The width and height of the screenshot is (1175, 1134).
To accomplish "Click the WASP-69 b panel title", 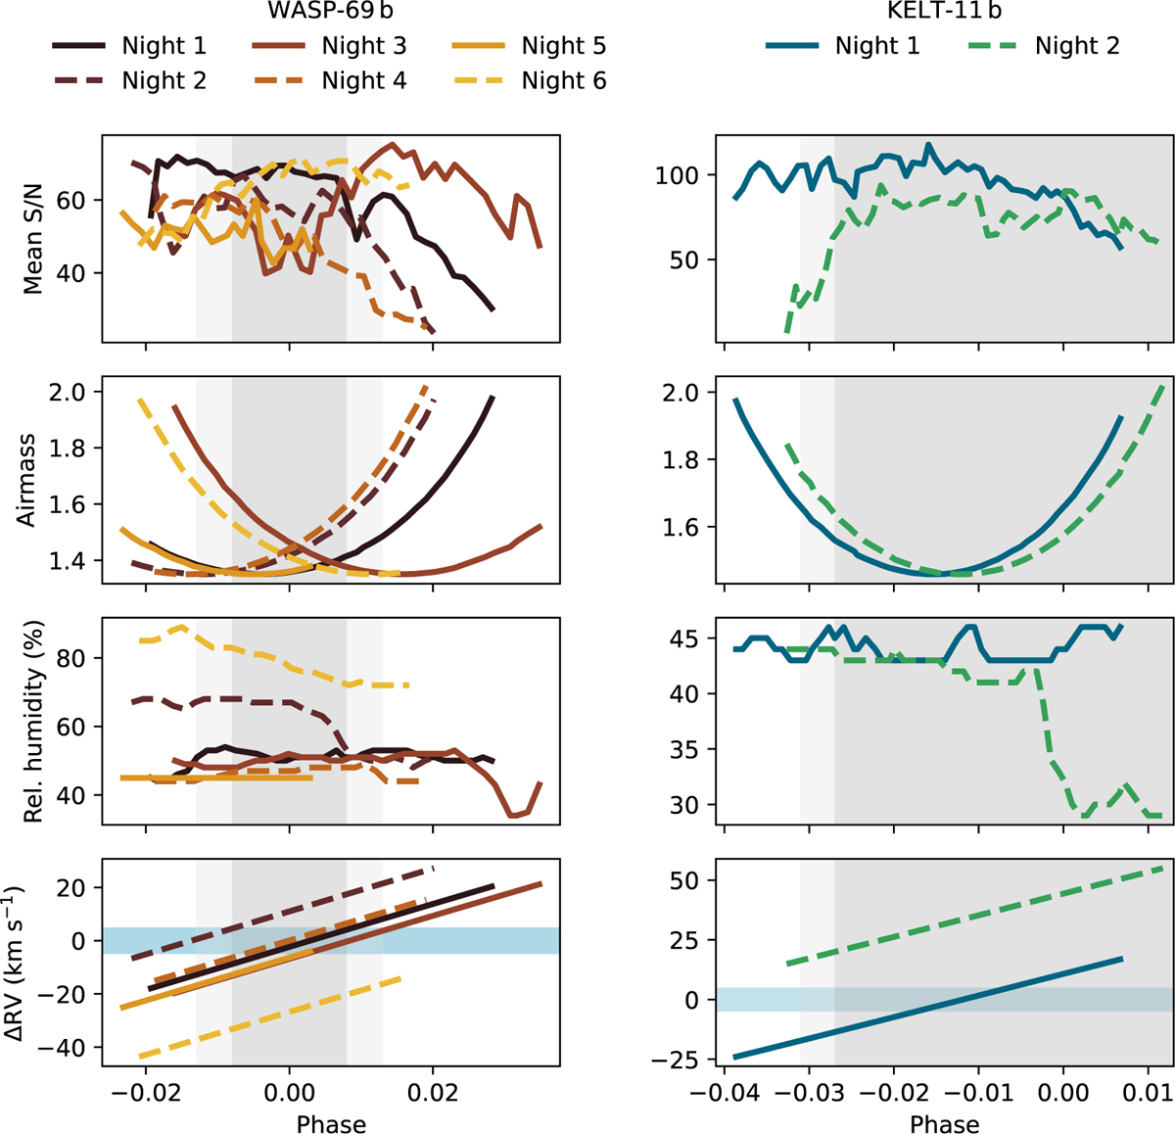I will pyautogui.click(x=331, y=14).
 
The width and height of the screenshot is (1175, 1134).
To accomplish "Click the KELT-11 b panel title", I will pyautogui.click(x=944, y=14).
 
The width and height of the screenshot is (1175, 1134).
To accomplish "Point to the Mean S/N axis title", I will pyautogui.click(x=33, y=238).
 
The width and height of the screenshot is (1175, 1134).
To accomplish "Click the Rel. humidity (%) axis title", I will pyautogui.click(x=33, y=723).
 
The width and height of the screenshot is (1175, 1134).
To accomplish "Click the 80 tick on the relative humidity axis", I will pyautogui.click(x=74, y=658).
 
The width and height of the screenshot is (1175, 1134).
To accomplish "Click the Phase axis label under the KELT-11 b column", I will pyautogui.click(x=944, y=1122).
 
